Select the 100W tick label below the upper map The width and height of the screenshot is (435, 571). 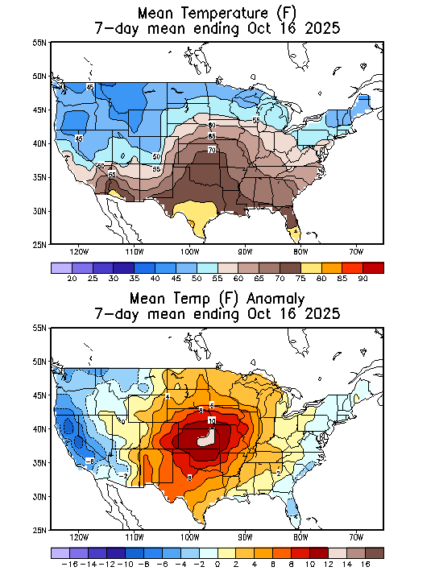(190, 251)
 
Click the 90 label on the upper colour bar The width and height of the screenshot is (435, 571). (362, 279)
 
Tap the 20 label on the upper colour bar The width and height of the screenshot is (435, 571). (72, 279)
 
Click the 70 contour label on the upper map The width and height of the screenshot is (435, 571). (212, 150)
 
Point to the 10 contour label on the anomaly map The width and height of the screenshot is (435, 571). (212, 421)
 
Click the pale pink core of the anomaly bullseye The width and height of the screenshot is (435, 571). (208, 438)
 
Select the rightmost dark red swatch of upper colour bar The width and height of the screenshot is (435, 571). (373, 267)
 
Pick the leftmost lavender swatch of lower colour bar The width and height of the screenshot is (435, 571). (60, 552)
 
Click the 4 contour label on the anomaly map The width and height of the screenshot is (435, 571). (167, 396)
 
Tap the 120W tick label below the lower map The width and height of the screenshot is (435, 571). (79, 537)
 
